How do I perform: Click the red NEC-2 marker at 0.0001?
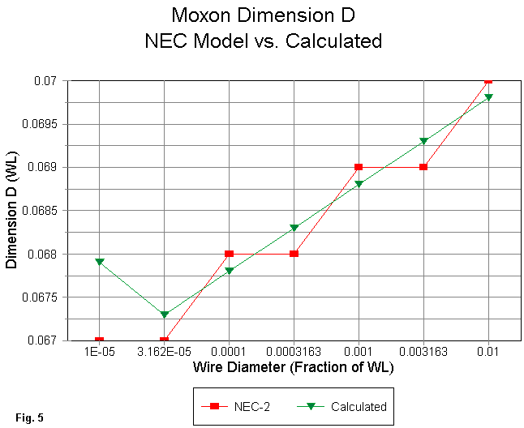pyautogui.click(x=229, y=254)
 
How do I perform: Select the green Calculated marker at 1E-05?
pyautogui.click(x=99, y=262)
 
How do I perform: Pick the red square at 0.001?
pyautogui.click(x=359, y=167)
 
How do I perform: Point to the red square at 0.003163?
pyautogui.click(x=423, y=167)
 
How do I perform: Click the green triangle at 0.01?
pyautogui.click(x=488, y=97)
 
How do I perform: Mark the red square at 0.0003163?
pyautogui.click(x=294, y=254)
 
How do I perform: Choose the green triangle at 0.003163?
pyautogui.click(x=423, y=141)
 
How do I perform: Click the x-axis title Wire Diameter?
pyautogui.click(x=293, y=368)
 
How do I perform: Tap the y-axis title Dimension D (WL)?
pyautogui.click(x=13, y=211)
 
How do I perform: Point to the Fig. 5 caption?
pyautogui.click(x=28, y=417)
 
